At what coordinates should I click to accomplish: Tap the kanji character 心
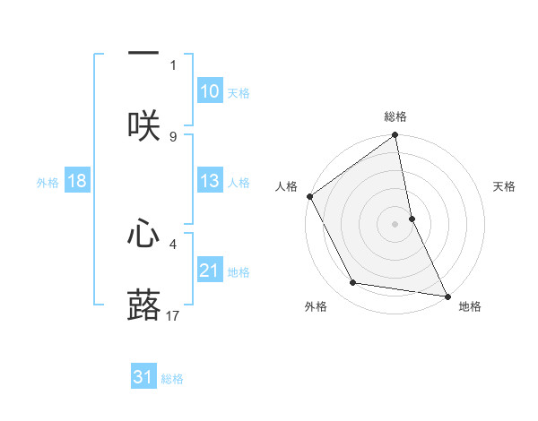coord(143,234)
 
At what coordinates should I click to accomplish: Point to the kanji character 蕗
coord(143,305)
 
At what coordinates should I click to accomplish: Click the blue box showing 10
coord(209,91)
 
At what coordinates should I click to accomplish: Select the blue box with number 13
coord(209,181)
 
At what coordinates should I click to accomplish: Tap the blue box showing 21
coord(209,271)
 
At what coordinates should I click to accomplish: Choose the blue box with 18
coord(77,181)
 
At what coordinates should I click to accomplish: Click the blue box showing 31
coord(143,377)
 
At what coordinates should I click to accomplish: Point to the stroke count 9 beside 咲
coord(173,137)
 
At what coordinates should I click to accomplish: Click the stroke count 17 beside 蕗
coord(173,315)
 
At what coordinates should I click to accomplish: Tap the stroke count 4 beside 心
coord(173,243)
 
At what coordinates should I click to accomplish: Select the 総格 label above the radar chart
coord(395,116)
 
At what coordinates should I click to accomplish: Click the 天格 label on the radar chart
coord(504,186)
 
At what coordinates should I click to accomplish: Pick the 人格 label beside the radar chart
coord(286,186)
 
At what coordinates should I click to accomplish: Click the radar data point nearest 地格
coord(447,296)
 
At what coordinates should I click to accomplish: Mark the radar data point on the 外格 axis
coord(353,283)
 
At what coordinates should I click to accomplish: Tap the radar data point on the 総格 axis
coord(395,136)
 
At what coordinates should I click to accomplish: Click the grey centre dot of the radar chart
coord(395,224)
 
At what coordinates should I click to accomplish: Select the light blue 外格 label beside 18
coord(48,182)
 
